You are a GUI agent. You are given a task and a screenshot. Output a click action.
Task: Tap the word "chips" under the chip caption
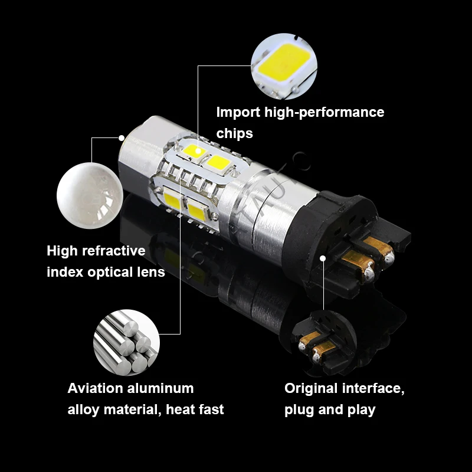point(234,133)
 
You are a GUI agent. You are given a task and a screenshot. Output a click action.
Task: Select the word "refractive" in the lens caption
point(112,251)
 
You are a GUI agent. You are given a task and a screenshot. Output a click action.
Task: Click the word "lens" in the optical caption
point(150,273)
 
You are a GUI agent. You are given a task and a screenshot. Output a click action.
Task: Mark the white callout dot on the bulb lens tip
point(122,137)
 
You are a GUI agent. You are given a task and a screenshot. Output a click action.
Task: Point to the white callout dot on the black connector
point(323,258)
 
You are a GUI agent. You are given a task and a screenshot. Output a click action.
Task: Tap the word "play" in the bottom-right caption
point(360,410)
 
